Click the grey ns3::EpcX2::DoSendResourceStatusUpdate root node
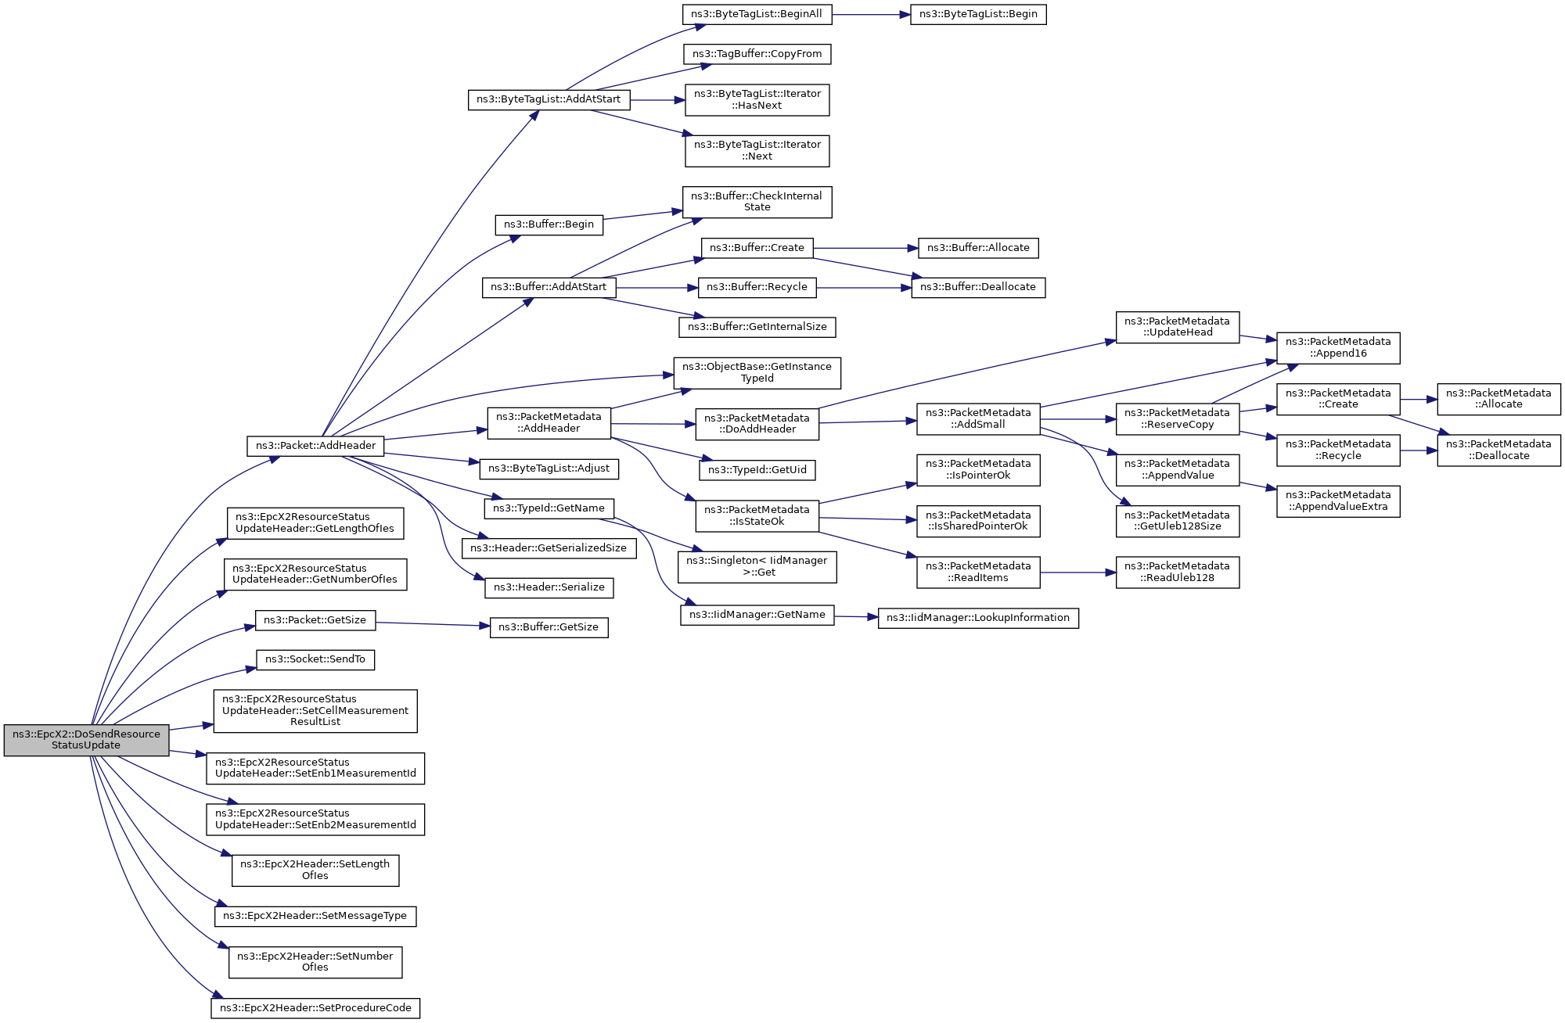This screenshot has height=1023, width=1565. (x=86, y=740)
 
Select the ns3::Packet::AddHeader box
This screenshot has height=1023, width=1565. (x=315, y=446)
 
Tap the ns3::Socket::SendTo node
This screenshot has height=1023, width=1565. (x=315, y=659)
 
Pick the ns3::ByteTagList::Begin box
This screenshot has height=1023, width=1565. (x=978, y=14)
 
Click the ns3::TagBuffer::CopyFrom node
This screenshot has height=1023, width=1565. (x=757, y=54)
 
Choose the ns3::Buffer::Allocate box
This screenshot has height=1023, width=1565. (x=978, y=248)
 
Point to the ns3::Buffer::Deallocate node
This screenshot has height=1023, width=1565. (x=978, y=287)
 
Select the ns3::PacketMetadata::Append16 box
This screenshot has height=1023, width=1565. (x=1338, y=347)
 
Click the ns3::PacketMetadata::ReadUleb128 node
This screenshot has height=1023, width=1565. (x=1177, y=572)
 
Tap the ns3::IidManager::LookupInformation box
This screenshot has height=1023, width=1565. (x=978, y=618)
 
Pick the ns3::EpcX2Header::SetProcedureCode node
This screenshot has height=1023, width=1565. (x=315, y=1008)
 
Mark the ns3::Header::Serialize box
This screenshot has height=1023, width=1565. (x=549, y=587)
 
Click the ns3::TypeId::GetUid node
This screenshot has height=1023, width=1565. (x=757, y=470)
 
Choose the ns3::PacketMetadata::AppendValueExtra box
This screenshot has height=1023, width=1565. (x=1338, y=501)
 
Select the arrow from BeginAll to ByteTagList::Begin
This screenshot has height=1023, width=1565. (x=870, y=15)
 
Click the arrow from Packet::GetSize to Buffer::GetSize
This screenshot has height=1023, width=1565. (x=433, y=625)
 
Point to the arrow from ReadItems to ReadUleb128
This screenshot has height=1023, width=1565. (x=1078, y=573)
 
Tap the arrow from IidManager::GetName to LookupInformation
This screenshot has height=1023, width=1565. (x=856, y=617)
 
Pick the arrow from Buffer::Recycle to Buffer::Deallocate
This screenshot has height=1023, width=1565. (x=864, y=288)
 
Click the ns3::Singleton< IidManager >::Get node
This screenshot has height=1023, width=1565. (x=757, y=566)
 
